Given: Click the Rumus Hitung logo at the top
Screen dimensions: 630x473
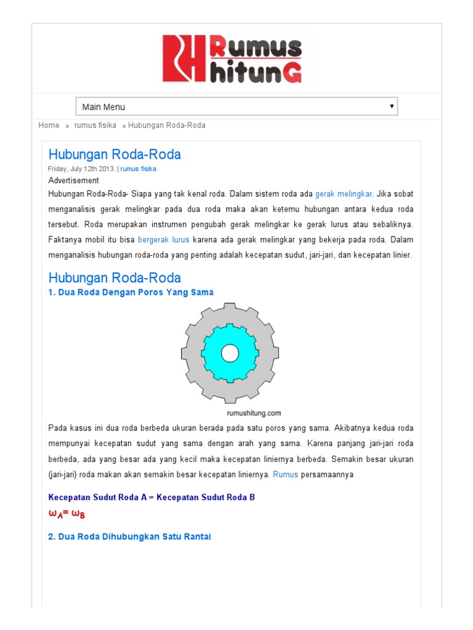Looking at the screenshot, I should pos(232,58).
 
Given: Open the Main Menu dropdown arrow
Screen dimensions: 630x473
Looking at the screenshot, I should pos(391,106).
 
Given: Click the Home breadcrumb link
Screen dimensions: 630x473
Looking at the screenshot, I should pos(49,126).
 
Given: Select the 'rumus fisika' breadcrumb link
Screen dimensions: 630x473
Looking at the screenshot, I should pos(95,126).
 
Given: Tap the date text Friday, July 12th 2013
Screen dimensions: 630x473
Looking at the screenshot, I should pos(81,169).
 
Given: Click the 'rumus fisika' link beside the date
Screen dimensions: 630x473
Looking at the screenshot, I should pos(138,169).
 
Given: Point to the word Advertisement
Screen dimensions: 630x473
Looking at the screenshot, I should pos(73,180).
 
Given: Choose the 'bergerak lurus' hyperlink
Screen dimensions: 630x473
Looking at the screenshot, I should pos(163,239).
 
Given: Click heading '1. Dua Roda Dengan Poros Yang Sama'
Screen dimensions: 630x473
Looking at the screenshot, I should pos(131,292).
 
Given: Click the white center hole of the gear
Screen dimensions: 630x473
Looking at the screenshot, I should pos(230,353).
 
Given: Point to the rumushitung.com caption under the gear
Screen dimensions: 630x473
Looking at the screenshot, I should pos(254,413).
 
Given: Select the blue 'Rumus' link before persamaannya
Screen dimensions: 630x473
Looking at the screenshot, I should pos(285,475).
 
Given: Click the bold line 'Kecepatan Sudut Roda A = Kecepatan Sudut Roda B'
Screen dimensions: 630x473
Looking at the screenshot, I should pos(151,497).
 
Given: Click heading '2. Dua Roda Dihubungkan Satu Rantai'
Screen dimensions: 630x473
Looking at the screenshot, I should pos(129,536).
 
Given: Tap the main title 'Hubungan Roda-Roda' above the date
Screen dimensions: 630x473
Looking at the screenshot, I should pos(115,154).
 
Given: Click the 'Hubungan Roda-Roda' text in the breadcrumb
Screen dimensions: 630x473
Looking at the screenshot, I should pos(166,126).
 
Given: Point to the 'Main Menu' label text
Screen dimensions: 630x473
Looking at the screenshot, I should pos(103,107).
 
